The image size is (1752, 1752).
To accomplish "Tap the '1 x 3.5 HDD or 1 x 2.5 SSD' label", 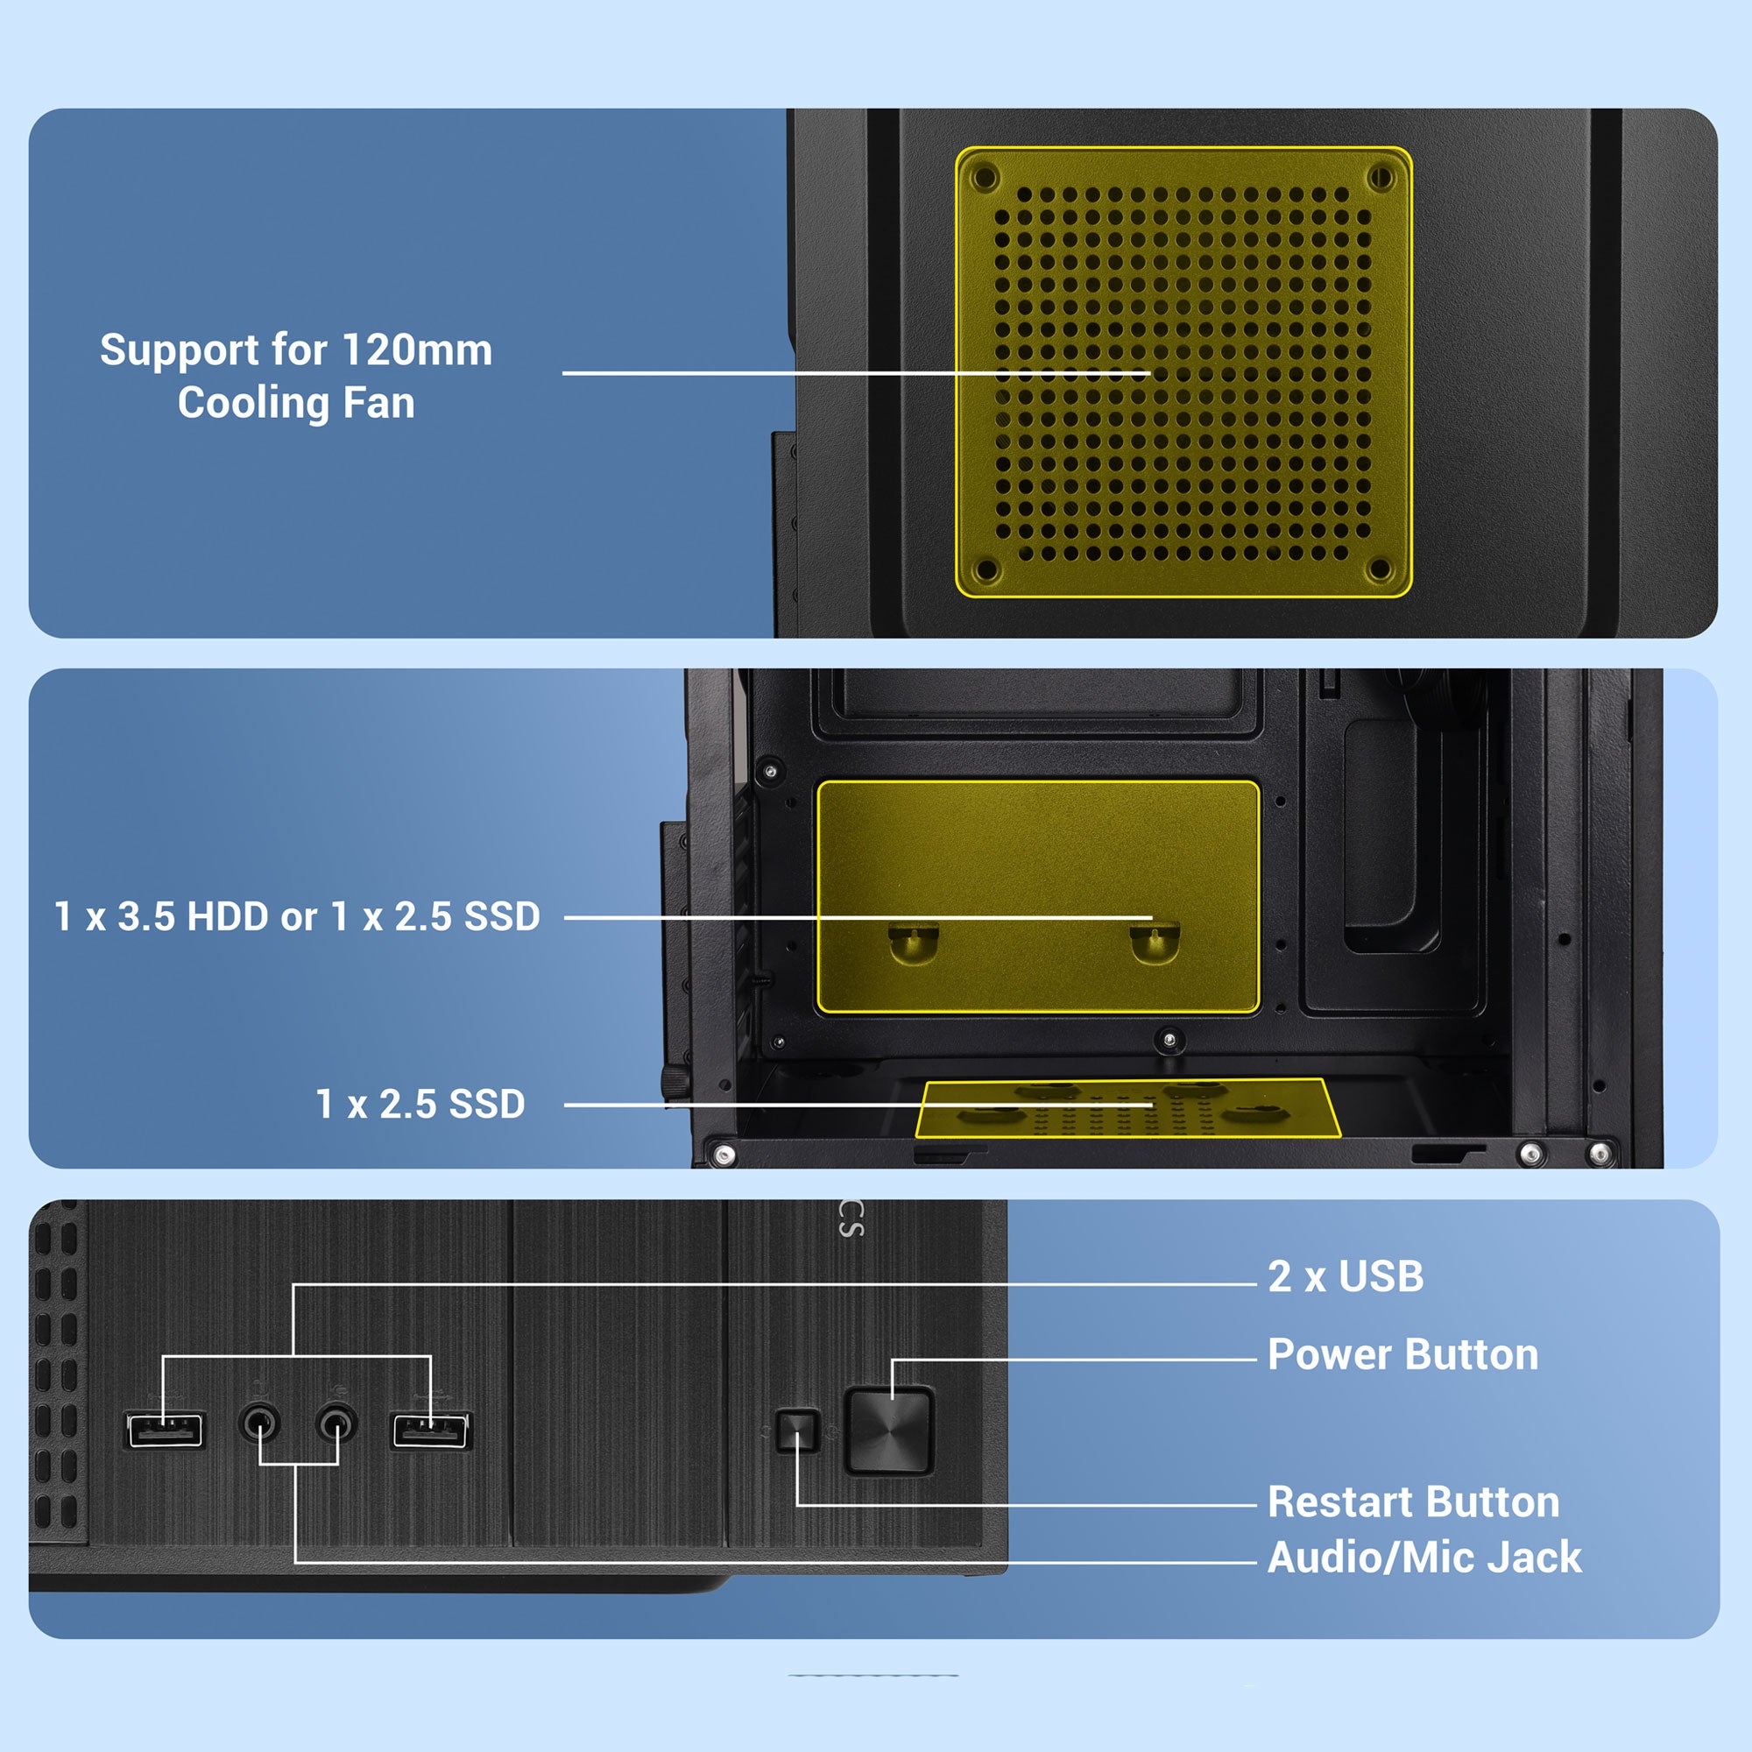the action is coord(298,917).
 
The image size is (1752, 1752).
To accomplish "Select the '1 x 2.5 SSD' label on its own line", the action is coord(420,1104).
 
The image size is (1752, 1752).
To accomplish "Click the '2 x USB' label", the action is coord(1345,1276).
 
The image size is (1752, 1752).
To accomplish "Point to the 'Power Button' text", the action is coord(1402,1354).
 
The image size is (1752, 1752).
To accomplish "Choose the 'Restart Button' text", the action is coord(1414,1501).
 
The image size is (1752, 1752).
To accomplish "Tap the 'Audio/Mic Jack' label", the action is coord(1424,1558).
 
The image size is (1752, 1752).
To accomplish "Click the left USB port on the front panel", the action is coord(165,1431).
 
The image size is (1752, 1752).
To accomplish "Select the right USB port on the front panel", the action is coord(431,1431).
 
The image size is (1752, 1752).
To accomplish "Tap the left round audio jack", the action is coord(259,1422).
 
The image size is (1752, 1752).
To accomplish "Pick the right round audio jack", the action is coord(336,1422).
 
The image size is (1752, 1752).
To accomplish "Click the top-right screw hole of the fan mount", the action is coord(1381,176).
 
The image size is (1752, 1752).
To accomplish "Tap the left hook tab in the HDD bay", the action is coord(913,943).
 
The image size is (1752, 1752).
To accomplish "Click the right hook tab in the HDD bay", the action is coord(1155,942).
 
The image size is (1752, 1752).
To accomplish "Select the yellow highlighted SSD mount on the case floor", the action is coord(1128,1108).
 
